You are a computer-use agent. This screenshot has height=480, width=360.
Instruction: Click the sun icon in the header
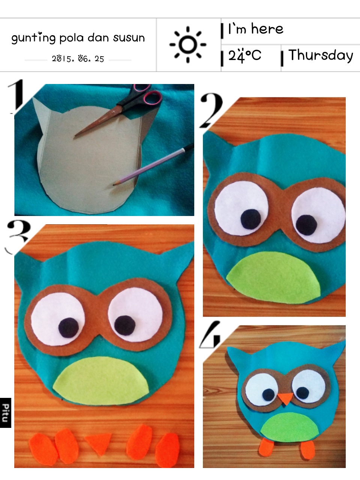[188, 45]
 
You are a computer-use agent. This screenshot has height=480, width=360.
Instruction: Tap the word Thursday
[321, 55]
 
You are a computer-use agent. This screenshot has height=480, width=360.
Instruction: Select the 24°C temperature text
[244, 55]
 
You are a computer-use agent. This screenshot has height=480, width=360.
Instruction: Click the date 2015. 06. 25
[78, 59]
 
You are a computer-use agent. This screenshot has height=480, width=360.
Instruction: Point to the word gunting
[33, 38]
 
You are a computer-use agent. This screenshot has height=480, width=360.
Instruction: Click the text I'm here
[255, 29]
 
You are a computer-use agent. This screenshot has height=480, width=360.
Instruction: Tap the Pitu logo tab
[6, 412]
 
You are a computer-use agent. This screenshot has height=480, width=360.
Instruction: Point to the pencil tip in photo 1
[114, 185]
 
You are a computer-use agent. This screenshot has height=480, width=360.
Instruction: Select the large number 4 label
[210, 334]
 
